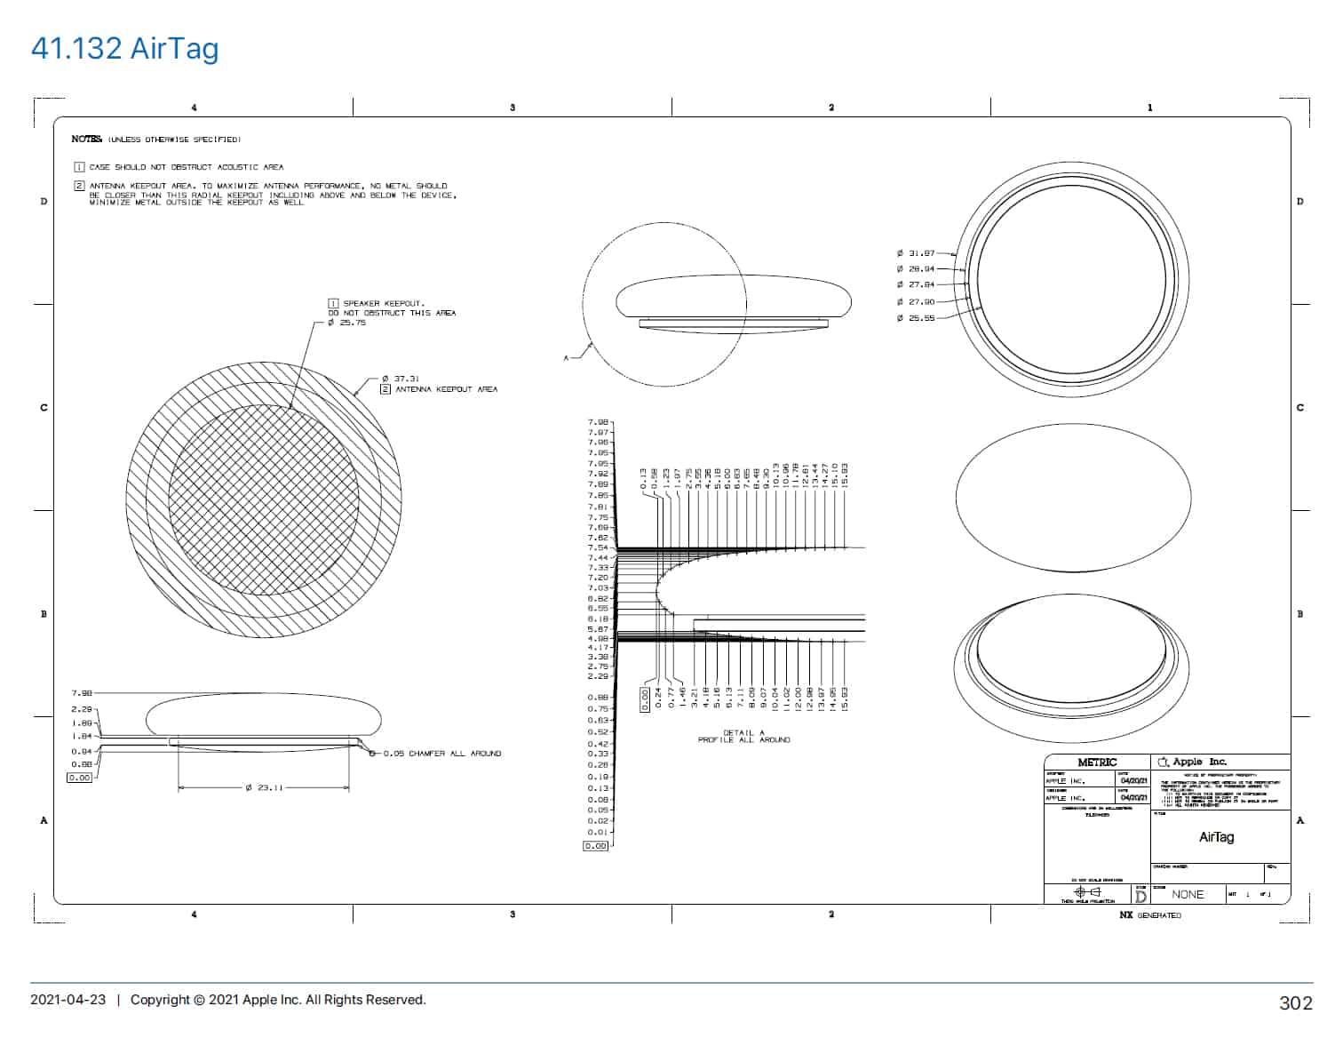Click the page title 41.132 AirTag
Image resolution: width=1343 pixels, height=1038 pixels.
pyautogui.click(x=124, y=48)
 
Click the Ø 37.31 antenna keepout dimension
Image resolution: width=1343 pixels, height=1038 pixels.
pyautogui.click(x=401, y=379)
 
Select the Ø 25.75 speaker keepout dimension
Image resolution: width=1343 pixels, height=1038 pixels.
pyautogui.click(x=347, y=323)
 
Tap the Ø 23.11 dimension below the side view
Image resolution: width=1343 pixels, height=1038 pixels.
pyautogui.click(x=264, y=787)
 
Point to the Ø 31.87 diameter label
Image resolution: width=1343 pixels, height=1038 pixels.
pyautogui.click(x=916, y=253)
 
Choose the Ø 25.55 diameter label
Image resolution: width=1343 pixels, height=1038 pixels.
pyautogui.click(x=916, y=317)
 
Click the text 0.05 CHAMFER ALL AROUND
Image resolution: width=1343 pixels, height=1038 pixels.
pyautogui.click(x=441, y=754)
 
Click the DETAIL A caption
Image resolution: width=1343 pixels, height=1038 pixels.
pyautogui.click(x=743, y=733)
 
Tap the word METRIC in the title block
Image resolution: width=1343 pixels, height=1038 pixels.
pyautogui.click(x=1097, y=763)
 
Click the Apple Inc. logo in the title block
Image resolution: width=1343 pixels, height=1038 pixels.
pyautogui.click(x=1164, y=763)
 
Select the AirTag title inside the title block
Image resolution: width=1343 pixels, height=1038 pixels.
pyautogui.click(x=1216, y=837)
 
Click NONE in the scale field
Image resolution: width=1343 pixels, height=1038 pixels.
pyautogui.click(x=1188, y=894)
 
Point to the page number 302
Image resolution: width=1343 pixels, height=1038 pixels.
pyautogui.click(x=1295, y=1002)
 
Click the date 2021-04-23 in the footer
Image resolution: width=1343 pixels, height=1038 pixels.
pyautogui.click(x=68, y=1000)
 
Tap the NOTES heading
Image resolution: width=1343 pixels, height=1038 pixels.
pyautogui.click(x=87, y=140)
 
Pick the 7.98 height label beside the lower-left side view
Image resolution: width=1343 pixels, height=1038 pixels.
pyautogui.click(x=81, y=692)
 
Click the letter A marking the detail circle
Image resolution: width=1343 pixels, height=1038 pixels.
pyautogui.click(x=566, y=357)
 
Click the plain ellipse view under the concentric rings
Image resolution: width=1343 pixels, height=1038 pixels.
pyautogui.click(x=1073, y=499)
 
